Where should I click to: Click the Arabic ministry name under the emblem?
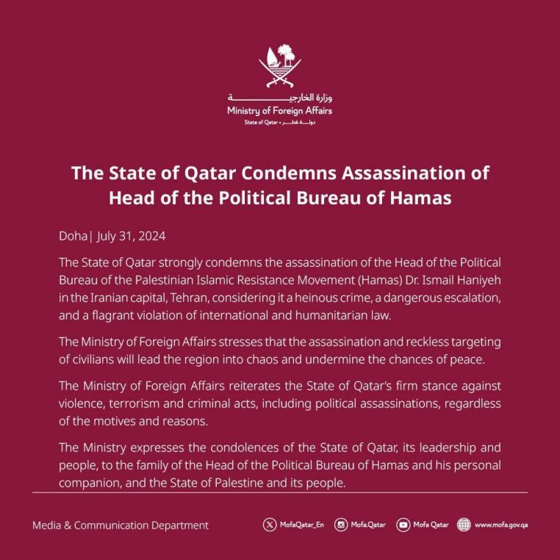[x=280, y=98]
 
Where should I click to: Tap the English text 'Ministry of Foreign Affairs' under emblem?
[x=280, y=111]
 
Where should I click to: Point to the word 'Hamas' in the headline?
[x=416, y=198]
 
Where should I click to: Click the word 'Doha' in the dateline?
[x=72, y=237]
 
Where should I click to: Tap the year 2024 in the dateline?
[x=151, y=237]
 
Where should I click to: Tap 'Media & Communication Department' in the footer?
[x=121, y=525]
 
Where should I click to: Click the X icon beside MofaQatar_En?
[x=270, y=525]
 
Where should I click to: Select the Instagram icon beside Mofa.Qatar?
[x=341, y=525]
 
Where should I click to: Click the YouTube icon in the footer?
[x=403, y=525]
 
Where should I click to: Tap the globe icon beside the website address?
[x=463, y=525]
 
